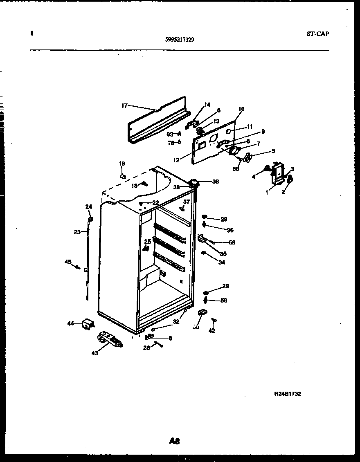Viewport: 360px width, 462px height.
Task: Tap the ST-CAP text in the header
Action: click(x=317, y=34)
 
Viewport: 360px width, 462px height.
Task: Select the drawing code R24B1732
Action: click(x=288, y=394)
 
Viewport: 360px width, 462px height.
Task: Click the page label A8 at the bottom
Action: click(x=174, y=441)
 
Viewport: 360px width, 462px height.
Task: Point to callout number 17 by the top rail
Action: click(x=124, y=105)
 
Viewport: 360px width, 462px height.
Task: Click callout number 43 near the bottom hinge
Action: click(x=94, y=353)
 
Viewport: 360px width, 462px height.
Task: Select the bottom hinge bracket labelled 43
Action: click(x=110, y=339)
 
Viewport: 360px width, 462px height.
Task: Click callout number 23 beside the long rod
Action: click(x=77, y=232)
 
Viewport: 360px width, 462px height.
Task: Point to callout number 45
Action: click(x=68, y=262)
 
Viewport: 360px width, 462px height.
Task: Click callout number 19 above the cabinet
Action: click(x=122, y=164)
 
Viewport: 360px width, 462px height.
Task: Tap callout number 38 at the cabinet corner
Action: click(x=215, y=181)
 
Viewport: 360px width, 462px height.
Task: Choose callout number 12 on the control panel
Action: click(x=176, y=160)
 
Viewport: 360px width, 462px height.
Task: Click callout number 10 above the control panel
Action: click(x=241, y=109)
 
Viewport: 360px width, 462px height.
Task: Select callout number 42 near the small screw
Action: click(x=211, y=331)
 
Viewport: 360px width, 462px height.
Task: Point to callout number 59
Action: click(x=232, y=242)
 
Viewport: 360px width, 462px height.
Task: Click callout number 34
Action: click(x=221, y=262)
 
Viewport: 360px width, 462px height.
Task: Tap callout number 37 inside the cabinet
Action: click(x=187, y=202)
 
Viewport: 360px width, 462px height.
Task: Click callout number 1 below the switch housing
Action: click(x=267, y=192)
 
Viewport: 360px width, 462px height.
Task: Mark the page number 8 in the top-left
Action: click(x=32, y=34)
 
